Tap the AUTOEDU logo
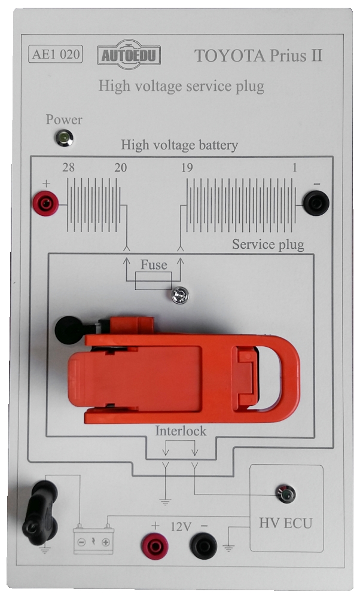130,55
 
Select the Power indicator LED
62,139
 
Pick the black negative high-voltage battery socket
316,203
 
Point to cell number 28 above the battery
68,169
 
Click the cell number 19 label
186,169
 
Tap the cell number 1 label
294,169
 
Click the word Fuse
154,265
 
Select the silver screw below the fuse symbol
178,294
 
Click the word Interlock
181,431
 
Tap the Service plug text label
268,245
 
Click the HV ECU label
285,524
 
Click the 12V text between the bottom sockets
180,527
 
